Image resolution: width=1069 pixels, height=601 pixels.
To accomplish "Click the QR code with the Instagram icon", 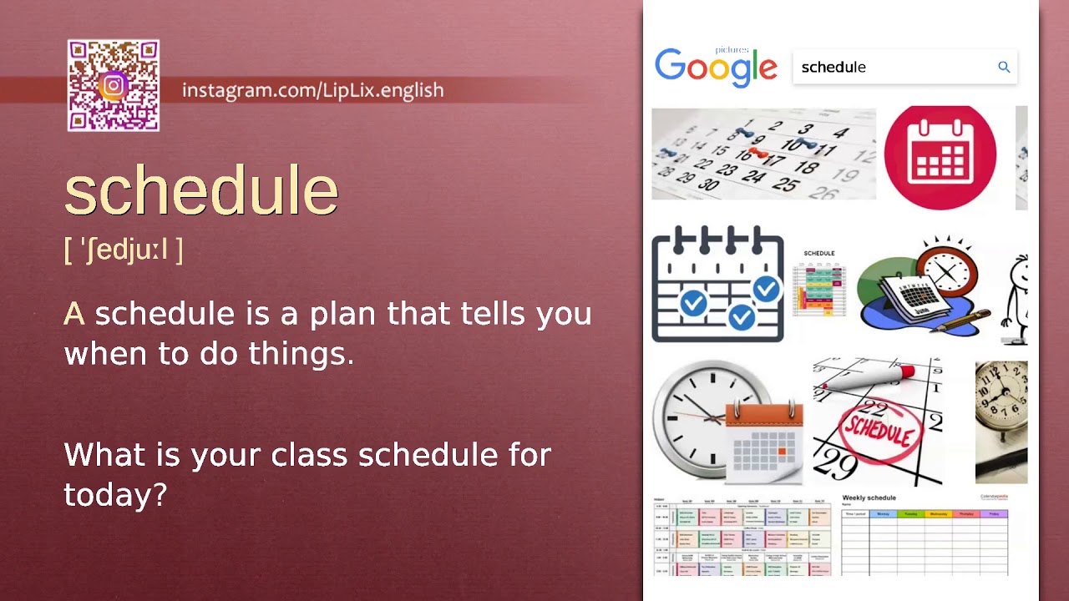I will click(114, 86).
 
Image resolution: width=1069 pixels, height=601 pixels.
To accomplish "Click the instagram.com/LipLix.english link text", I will click(312, 90).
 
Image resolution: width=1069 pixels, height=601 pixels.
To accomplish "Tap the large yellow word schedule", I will click(201, 191).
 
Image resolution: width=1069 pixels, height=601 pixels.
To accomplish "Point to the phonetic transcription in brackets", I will click(124, 249).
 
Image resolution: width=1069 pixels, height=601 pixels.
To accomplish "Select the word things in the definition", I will click(303, 354).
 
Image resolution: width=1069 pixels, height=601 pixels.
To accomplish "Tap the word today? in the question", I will click(115, 495).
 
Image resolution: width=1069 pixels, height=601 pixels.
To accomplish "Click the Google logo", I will click(716, 67).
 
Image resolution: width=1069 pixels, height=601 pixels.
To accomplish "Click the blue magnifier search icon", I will click(1004, 67).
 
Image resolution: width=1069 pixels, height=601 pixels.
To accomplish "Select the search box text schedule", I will click(833, 68).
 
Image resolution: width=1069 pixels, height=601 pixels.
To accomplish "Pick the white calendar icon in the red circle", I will click(940, 157).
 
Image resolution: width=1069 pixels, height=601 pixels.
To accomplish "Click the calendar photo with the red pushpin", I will click(762, 154).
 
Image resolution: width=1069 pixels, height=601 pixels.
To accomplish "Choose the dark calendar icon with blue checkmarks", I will click(717, 284).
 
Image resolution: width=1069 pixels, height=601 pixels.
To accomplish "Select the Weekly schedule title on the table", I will click(869, 498).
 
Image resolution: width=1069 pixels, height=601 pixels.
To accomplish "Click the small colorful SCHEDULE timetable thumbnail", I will click(819, 284).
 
